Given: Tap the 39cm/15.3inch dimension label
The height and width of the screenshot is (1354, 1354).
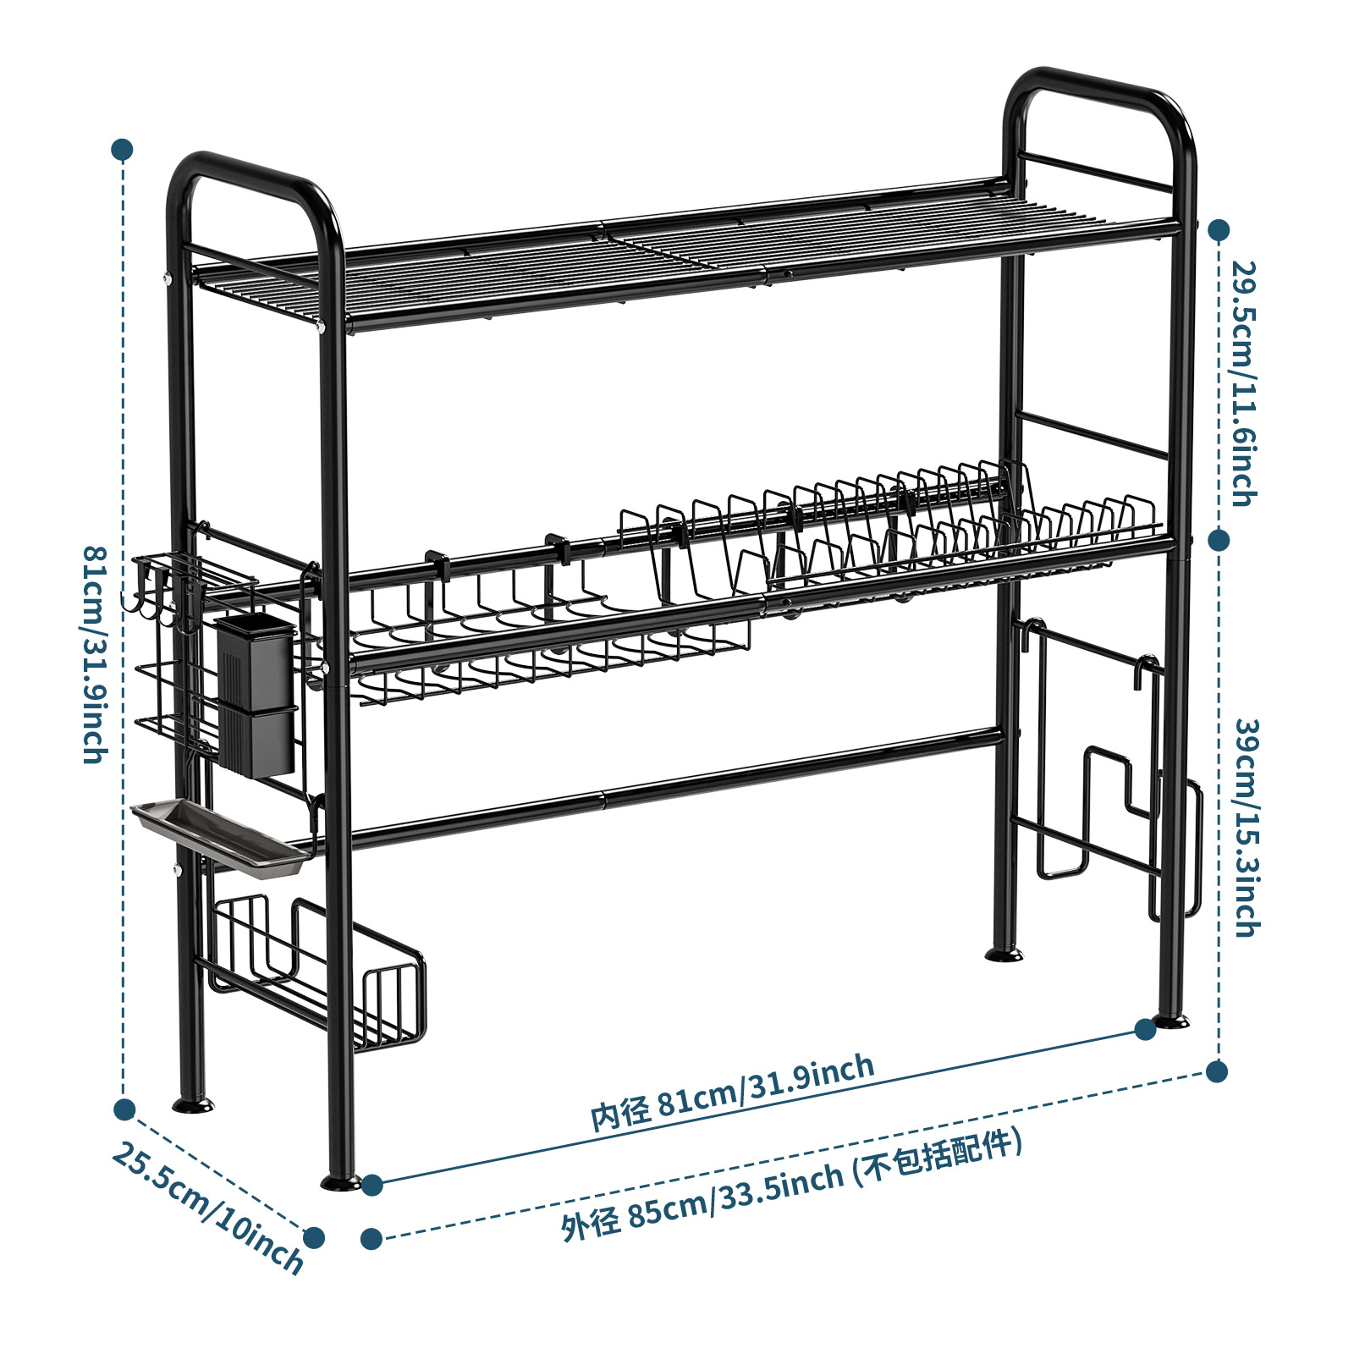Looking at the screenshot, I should [x=1247, y=828].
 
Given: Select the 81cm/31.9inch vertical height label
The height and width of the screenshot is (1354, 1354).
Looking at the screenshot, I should [x=95, y=654].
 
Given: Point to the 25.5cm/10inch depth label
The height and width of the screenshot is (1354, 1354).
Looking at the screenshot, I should [x=207, y=1208].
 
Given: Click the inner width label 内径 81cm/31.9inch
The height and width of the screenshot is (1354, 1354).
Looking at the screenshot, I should [x=732, y=1092].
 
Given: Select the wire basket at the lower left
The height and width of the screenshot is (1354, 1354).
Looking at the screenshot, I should [x=317, y=973].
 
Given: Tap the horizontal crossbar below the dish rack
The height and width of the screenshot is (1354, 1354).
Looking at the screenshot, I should [x=677, y=787].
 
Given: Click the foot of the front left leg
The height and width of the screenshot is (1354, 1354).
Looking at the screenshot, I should [x=341, y=1181].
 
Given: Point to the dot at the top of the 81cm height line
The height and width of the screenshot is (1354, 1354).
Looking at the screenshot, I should [x=123, y=151].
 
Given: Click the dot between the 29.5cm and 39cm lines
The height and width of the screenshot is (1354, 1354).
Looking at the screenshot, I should [x=1219, y=540].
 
